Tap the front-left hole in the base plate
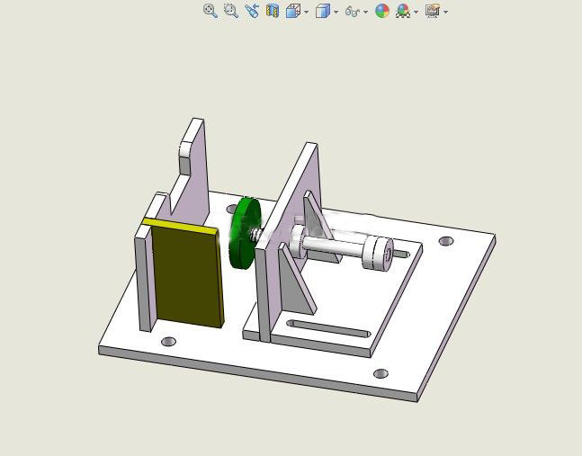click(168, 342)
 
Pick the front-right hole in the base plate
click(381, 373)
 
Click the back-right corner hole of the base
click(446, 241)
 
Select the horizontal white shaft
click(333, 245)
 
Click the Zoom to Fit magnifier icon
click(210, 11)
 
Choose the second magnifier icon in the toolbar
click(230, 11)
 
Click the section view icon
click(273, 11)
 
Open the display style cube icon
click(323, 11)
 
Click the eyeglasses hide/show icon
click(353, 11)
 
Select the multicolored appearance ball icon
click(382, 11)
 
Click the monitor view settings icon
click(433, 11)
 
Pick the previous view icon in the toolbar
click(252, 11)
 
